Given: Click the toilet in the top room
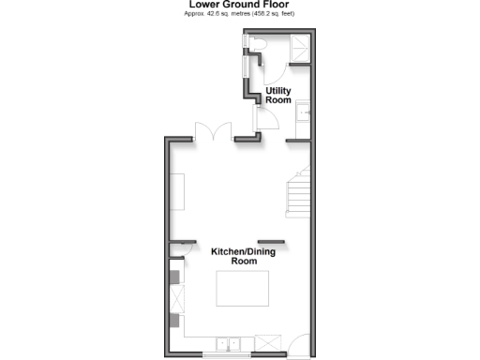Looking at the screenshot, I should point(258,46).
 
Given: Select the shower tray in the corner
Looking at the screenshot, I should point(299,47).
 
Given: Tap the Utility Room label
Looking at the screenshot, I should point(278,96).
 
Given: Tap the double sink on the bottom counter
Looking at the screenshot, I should point(229,342).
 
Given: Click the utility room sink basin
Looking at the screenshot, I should point(303,114).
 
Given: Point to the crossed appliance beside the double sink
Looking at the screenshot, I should point(267,342).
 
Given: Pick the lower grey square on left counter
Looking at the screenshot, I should point(175,321).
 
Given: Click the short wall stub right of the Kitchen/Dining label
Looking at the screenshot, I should point(272,240).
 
